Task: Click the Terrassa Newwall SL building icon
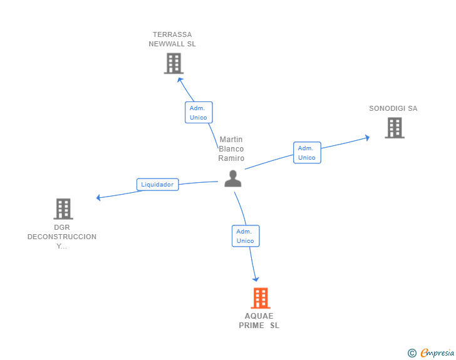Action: tap(174, 63)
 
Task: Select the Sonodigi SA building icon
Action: tap(395, 128)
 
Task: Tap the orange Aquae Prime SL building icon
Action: tap(261, 298)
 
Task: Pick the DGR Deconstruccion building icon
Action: tap(63, 208)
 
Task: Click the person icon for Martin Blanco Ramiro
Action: tap(233, 178)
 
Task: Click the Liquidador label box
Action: tap(158, 184)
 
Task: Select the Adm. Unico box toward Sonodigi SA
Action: tap(307, 153)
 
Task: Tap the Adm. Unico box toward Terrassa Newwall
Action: tap(199, 113)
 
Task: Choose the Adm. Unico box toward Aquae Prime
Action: tap(246, 236)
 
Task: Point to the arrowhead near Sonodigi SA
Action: tap(367, 138)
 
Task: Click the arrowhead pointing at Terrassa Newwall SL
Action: tap(180, 80)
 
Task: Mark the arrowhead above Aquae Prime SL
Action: tap(256, 279)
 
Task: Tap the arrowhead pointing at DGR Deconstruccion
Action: tap(98, 198)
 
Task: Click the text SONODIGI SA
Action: tap(393, 108)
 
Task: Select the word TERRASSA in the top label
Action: tap(172, 34)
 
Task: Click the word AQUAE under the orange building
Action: tap(259, 316)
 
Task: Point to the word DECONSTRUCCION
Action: tap(62, 237)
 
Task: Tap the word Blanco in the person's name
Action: tap(231, 149)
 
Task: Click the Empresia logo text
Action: tap(437, 353)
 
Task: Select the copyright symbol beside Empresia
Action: tap(412, 353)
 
